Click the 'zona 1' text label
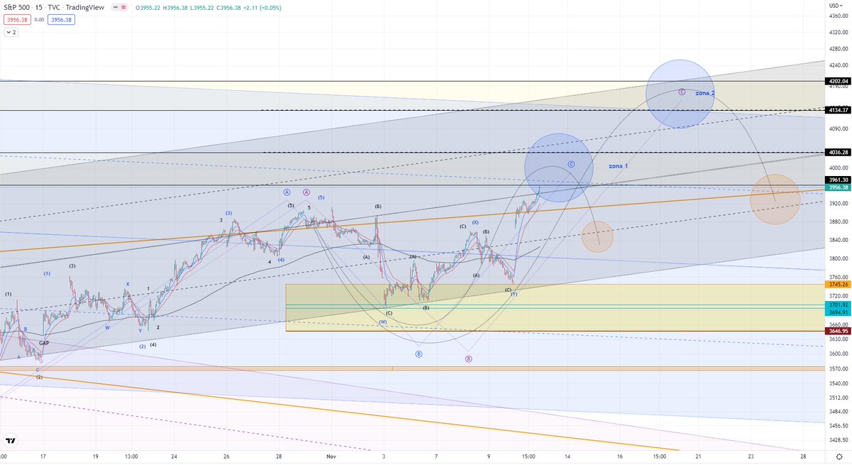tap(618, 165)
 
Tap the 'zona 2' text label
tap(704, 93)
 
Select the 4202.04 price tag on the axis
tap(839, 81)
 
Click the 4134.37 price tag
tap(839, 110)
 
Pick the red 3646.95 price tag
tap(839, 331)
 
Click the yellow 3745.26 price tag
tap(839, 284)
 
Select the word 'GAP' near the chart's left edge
tap(44, 342)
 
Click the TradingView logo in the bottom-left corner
tap(10, 439)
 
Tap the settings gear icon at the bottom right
tap(839, 456)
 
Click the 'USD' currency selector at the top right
tap(836, 5)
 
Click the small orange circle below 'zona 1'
tap(597, 236)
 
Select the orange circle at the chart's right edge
tap(775, 199)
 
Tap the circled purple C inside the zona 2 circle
tap(682, 92)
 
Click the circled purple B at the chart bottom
tap(468, 359)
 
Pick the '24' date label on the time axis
tap(174, 456)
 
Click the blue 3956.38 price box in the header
tap(62, 19)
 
